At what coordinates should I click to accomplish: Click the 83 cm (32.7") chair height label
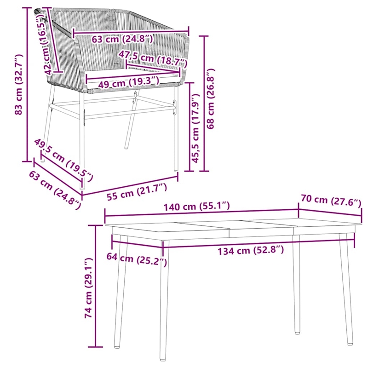pyautogui.click(x=18, y=85)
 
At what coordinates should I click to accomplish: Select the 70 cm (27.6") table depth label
pyautogui.click(x=331, y=201)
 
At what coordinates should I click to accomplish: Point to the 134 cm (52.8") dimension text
pyautogui.click(x=251, y=251)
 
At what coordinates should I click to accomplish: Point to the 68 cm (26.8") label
pyautogui.click(x=211, y=99)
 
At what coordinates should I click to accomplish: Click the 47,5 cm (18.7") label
pyautogui.click(x=153, y=58)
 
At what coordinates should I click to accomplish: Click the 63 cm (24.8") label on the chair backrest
pyautogui.click(x=122, y=39)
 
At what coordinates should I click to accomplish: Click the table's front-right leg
pyautogui.click(x=345, y=290)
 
